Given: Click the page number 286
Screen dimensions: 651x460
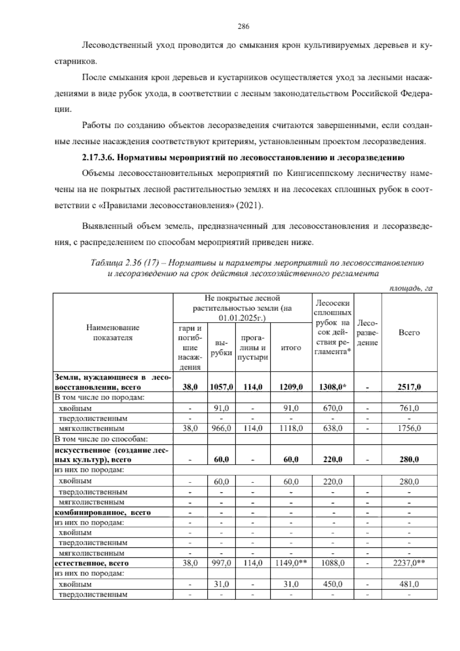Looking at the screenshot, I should tap(243, 26).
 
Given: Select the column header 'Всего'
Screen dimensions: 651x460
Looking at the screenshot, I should tap(409, 332).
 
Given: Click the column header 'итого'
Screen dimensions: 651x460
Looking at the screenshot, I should tap(291, 348).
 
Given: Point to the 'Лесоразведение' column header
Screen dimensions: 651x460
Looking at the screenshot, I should tap(368, 332).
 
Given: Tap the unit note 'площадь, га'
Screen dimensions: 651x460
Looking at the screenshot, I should tap(411, 288).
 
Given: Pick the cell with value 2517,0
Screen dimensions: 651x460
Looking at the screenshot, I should tap(409, 387).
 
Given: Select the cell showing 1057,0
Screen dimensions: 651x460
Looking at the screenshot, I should tap(221, 387).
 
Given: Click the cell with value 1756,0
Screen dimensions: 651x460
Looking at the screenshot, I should tap(409, 428).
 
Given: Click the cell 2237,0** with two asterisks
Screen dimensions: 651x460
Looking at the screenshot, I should tap(409, 563).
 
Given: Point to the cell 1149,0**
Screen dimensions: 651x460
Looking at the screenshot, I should tap(291, 563).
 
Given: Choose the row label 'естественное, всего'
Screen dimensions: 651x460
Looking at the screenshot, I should tap(92, 563).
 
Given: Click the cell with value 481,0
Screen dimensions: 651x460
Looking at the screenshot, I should tap(409, 584).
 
